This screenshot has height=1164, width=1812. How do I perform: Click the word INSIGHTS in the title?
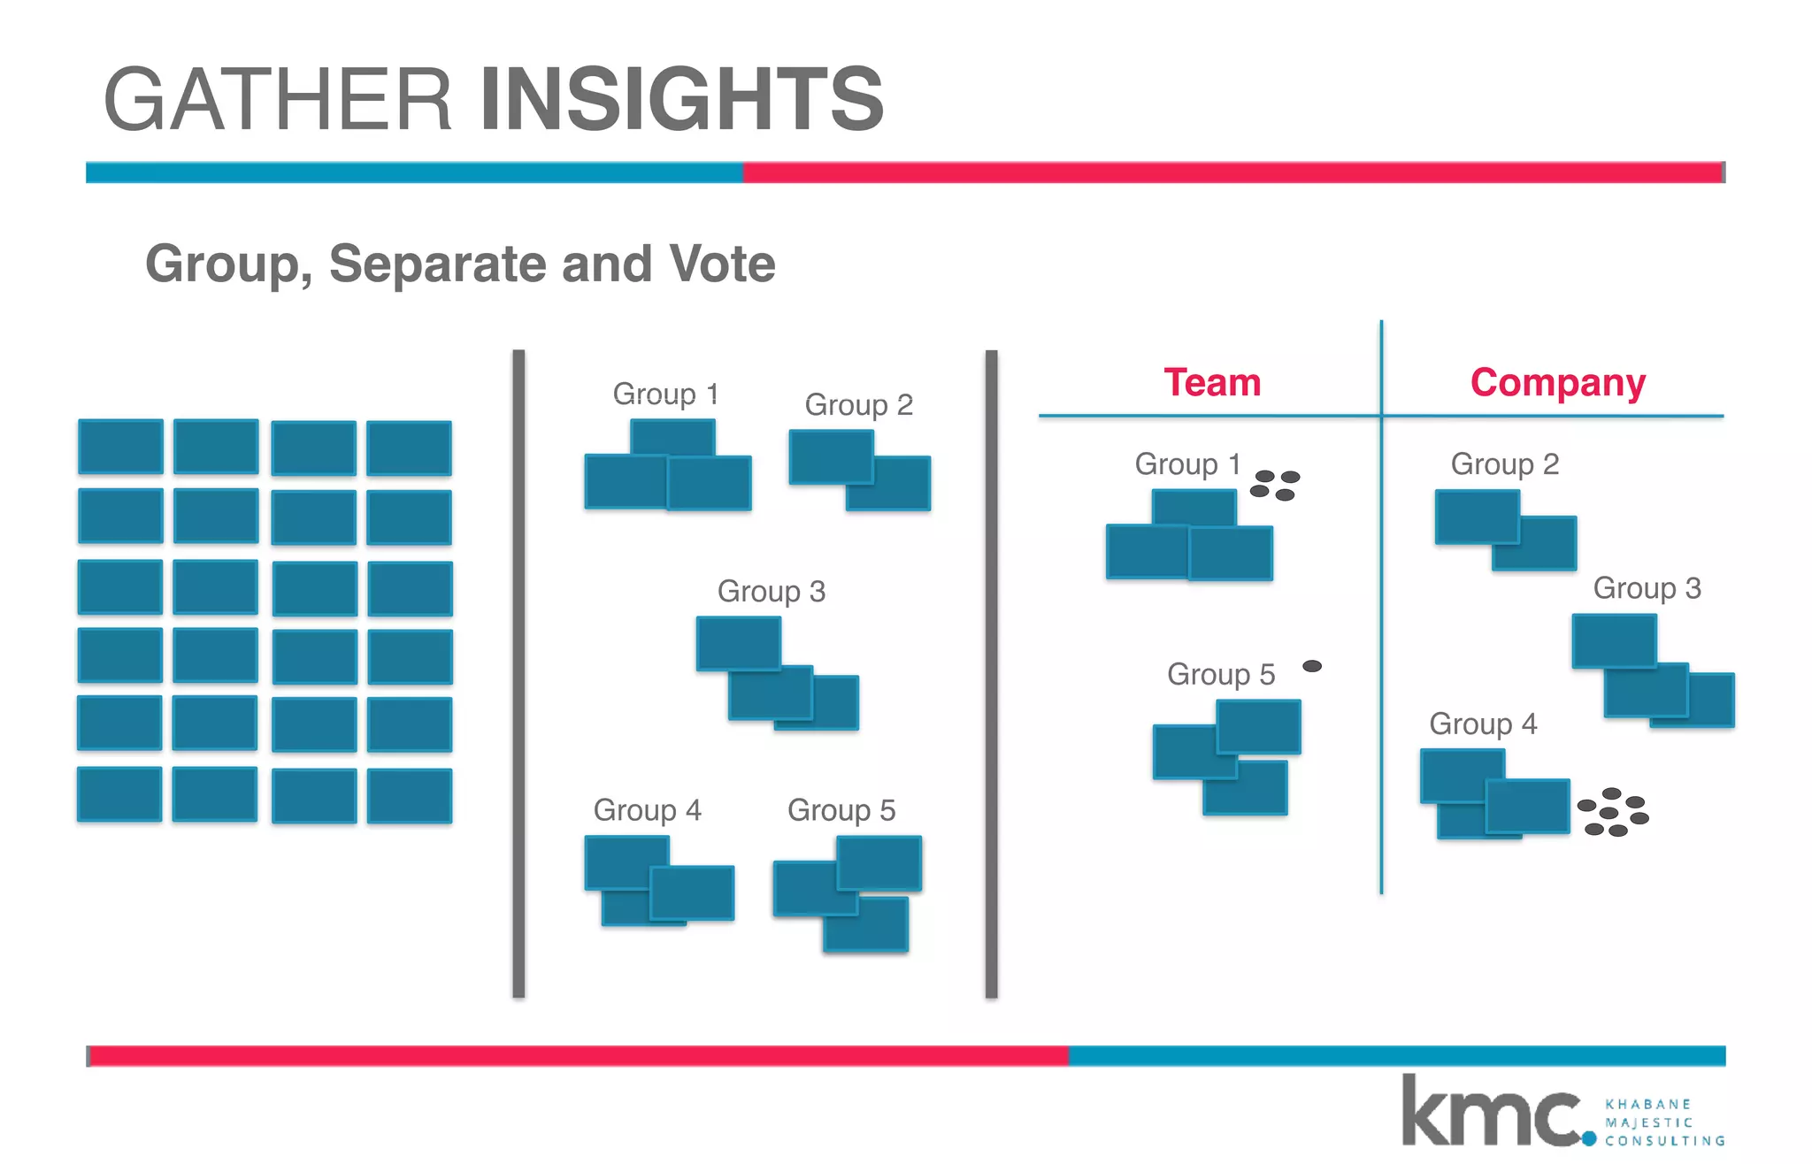[681, 99]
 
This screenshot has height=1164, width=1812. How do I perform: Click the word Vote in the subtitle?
[722, 264]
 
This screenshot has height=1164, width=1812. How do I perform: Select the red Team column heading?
[1212, 383]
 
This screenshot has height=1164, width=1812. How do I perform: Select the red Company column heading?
[1557, 383]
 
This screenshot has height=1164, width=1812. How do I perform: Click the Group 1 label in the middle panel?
[665, 394]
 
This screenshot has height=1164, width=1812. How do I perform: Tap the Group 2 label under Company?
[1504, 463]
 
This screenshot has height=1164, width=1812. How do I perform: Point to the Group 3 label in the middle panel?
[771, 591]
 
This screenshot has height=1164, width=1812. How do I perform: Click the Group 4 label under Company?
[1483, 724]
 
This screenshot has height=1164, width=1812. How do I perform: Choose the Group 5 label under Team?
[1221, 674]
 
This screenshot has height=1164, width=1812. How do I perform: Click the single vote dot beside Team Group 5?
[1312, 666]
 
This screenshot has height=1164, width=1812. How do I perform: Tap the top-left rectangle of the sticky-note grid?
[120, 447]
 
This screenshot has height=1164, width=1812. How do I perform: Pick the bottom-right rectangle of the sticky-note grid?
[410, 796]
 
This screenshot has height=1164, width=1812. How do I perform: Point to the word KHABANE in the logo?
[1647, 1104]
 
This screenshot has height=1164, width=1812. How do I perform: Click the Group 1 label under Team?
[1187, 463]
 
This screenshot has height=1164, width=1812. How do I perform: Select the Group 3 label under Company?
[1647, 588]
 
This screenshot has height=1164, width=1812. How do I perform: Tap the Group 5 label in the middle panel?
[841, 809]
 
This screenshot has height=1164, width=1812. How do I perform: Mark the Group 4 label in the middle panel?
[647, 809]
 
